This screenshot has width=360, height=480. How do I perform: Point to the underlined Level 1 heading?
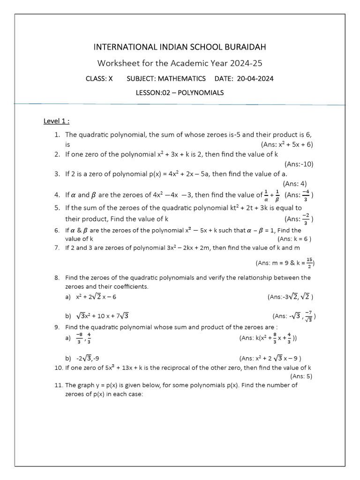(56, 121)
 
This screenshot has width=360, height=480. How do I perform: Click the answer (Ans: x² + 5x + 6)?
(286, 144)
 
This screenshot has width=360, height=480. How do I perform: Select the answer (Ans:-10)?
(299, 164)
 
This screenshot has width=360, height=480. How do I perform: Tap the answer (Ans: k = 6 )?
(294, 238)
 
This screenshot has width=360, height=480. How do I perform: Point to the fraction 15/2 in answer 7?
(309, 263)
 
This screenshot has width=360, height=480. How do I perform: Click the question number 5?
(57, 208)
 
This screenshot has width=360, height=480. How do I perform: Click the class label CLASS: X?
(99, 78)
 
